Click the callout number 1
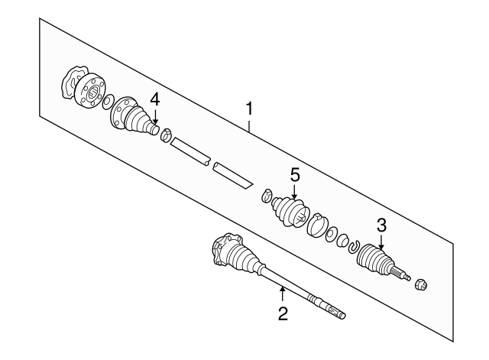(249, 110)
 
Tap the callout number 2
(282, 313)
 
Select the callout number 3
(381, 225)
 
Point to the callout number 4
(155, 99)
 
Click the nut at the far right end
(420, 286)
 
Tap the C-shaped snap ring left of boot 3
(353, 245)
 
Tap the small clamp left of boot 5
(267, 195)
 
